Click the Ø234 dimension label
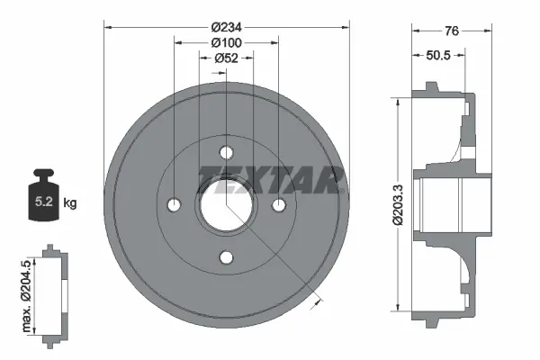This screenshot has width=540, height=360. point(226,27)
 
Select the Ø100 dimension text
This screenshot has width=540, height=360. point(226,42)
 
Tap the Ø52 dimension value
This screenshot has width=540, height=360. point(226,58)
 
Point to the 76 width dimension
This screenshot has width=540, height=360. point(452,31)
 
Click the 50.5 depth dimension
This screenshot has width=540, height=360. point(438,56)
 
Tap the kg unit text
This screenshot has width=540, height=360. point(70,203)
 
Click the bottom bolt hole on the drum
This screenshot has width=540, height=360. point(226,258)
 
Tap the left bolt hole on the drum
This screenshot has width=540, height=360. point(173,205)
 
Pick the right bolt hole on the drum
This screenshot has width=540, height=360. point(279,205)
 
